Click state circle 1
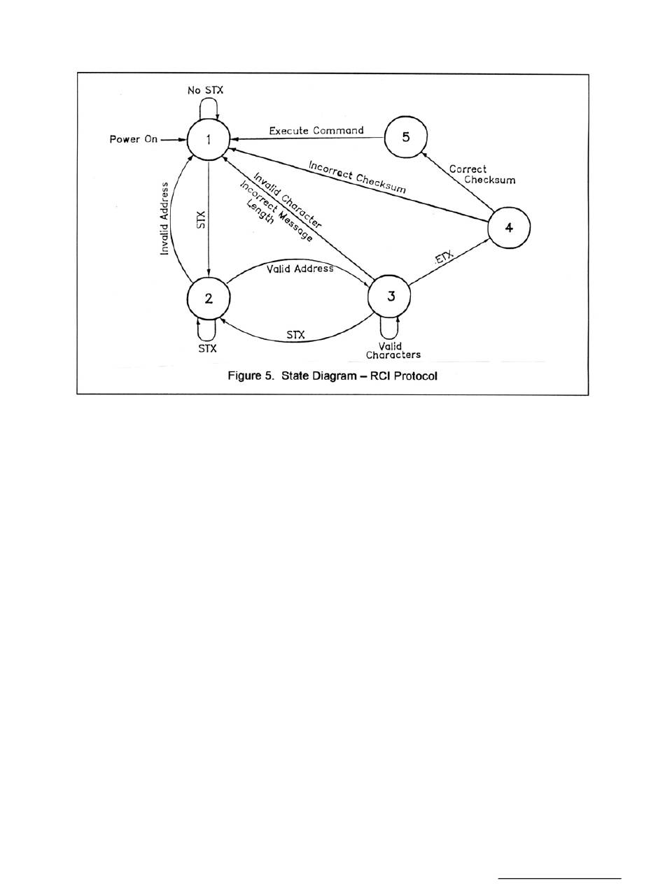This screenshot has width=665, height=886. pos(209,139)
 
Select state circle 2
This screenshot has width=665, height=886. pos(209,298)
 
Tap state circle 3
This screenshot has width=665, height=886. pos(389,296)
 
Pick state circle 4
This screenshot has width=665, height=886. pos(509,227)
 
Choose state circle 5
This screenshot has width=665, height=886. pos(406,137)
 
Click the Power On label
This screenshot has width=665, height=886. pos(134,139)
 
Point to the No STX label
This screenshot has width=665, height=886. pos(205,90)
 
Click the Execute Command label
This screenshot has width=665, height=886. pos(316,130)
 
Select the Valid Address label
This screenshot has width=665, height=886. pos(300,269)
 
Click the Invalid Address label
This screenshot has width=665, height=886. pos(165,218)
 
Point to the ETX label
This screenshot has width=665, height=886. pos(444,260)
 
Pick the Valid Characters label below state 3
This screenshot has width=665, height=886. pos(393,350)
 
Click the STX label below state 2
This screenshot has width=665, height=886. pos(207,348)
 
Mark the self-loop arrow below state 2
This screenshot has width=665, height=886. pos(207,329)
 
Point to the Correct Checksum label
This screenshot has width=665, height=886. pos(481,175)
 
